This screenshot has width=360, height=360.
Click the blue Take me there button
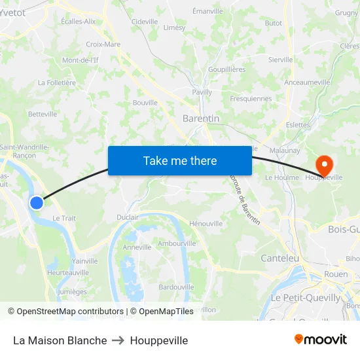coord(180,160)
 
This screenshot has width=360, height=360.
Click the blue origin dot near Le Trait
coord(37,203)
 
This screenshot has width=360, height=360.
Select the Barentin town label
coord(200,118)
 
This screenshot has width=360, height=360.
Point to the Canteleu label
coord(279,259)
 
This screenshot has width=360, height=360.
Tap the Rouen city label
coord(336,274)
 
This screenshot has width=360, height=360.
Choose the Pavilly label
coord(202,92)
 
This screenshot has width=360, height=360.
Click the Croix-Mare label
coord(103,45)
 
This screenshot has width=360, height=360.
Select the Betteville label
coord(43,114)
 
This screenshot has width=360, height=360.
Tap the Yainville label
coord(85,261)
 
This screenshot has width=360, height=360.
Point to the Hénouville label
coord(206,223)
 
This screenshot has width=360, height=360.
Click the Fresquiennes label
coord(251,99)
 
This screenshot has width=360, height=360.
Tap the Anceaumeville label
coord(308,82)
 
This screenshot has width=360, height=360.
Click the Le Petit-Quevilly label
coord(306,298)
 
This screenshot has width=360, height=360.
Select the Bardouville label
coord(176,287)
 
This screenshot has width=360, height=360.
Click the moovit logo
coord(321,339)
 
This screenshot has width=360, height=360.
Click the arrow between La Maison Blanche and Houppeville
coord(118,340)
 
